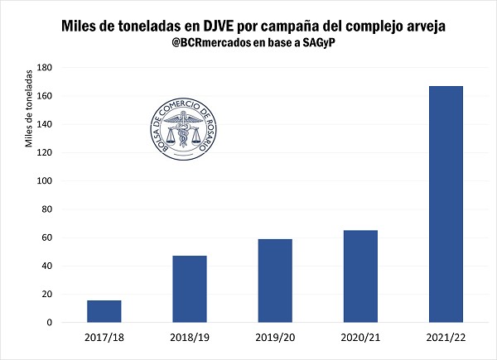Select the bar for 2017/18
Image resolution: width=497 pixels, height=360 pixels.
point(104,311)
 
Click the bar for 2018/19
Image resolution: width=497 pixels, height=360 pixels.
point(190,289)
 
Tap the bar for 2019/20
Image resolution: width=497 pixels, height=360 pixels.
point(275,281)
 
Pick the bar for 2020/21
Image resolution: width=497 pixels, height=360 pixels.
point(360,276)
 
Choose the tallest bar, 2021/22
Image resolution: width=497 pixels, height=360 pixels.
point(446,204)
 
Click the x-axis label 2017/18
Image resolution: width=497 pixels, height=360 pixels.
point(104,337)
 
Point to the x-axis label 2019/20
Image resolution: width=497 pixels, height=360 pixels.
point(275,337)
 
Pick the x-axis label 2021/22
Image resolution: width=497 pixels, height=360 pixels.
point(446,337)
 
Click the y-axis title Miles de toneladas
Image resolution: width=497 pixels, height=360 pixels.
point(30,108)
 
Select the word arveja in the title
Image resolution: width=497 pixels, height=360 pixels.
point(420,26)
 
